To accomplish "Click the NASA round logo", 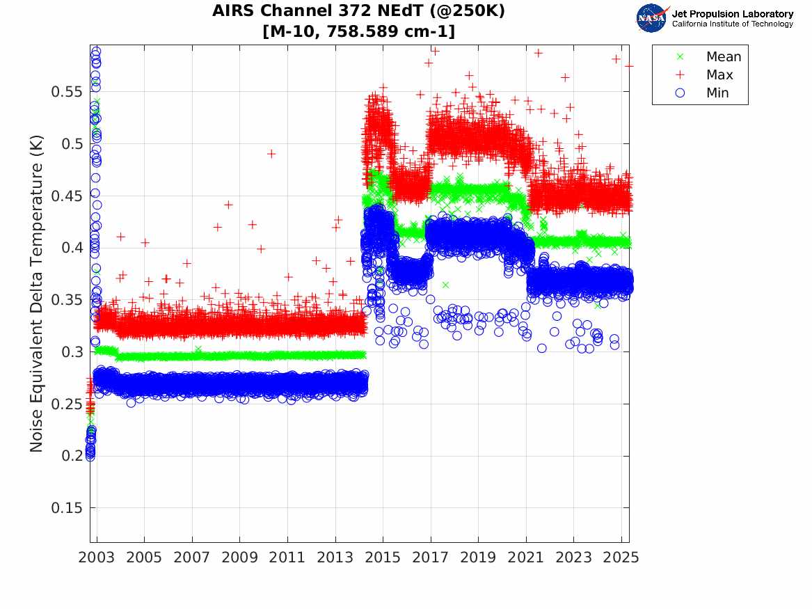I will coord(653,18).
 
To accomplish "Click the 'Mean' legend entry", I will coord(724,57).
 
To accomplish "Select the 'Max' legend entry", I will coord(719,75).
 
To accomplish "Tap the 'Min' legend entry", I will coord(717,93).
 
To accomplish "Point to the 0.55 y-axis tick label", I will coord(65,92).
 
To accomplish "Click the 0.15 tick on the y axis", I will coord(65,508).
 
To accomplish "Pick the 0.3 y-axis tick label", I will coord(70,352).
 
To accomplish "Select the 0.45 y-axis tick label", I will coord(65,196).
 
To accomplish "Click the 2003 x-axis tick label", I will coord(97,557).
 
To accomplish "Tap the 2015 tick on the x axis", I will coord(383,557).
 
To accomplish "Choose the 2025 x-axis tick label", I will coord(621,557).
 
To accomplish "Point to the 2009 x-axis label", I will coord(240,557).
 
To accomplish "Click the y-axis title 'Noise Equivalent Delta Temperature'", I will coord(37,294).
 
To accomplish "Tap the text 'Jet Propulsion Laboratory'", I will coord(732,14).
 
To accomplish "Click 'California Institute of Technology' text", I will coord(732,24).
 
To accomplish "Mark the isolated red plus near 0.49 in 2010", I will coord(271,154).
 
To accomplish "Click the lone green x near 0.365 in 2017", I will coord(445,285).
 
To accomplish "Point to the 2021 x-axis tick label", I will coord(526,557).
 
